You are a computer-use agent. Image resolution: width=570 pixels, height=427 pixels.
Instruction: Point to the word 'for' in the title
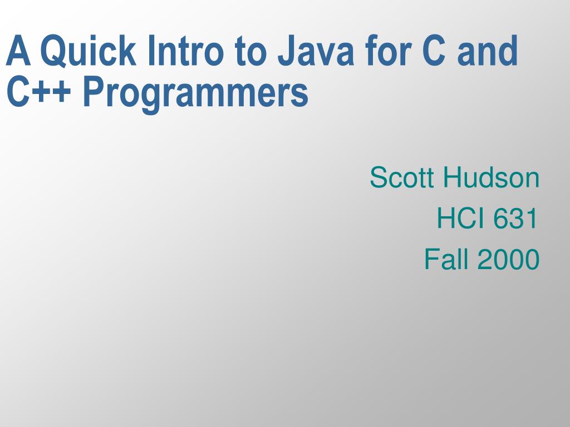tap(383, 51)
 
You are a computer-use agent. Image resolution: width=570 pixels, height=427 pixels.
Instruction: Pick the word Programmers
tap(195, 93)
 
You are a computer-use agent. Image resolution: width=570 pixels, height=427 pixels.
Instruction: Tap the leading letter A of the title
tap(17, 51)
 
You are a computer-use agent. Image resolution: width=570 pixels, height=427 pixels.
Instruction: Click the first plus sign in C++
tap(43, 93)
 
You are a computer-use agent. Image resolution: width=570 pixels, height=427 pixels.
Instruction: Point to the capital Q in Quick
tap(51, 51)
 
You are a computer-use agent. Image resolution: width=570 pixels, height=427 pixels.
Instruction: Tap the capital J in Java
tap(286, 51)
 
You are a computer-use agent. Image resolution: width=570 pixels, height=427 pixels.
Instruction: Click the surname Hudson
tap(492, 178)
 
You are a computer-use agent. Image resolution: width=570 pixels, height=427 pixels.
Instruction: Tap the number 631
tap(515, 219)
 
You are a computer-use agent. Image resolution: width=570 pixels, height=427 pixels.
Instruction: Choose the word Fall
tap(446, 260)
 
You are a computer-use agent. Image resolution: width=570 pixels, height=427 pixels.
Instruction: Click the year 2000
tap(508, 260)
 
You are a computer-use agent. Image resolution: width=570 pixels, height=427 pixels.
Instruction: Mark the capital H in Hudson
tap(451, 178)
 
